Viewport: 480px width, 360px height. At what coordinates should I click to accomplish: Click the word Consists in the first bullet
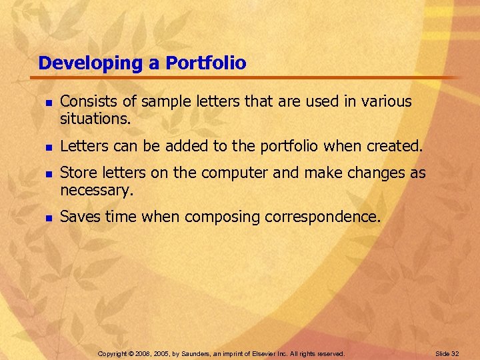(x=85, y=101)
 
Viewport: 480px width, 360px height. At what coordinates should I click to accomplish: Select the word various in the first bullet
(x=386, y=101)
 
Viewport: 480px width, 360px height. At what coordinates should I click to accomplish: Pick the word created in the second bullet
(x=394, y=145)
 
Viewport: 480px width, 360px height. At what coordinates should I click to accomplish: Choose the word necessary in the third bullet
(x=97, y=191)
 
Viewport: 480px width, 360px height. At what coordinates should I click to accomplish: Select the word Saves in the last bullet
(x=79, y=217)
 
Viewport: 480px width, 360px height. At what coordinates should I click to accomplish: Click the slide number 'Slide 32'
(x=446, y=353)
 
